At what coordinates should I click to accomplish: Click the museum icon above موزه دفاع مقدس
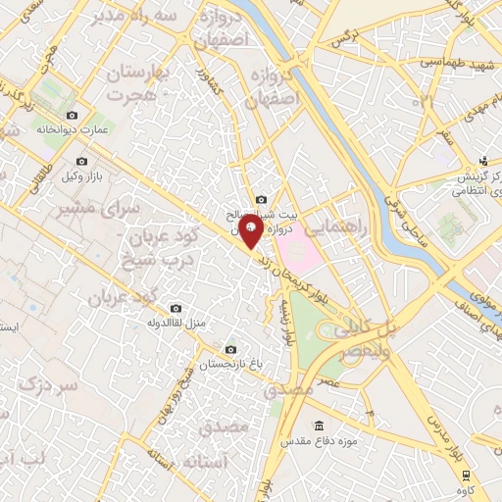point(319,426)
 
